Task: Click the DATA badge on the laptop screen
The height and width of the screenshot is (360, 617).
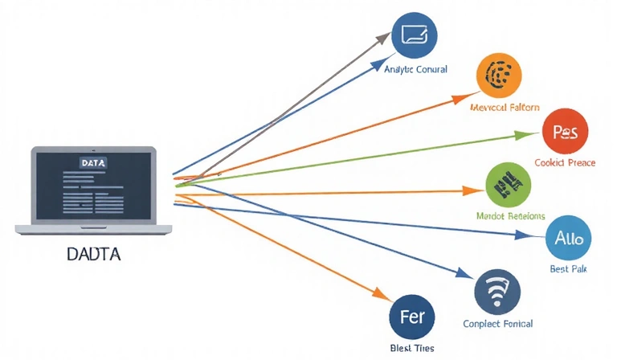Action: click(93, 162)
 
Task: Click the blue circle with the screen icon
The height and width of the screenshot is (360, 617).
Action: click(414, 35)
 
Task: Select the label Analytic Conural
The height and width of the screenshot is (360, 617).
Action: click(415, 70)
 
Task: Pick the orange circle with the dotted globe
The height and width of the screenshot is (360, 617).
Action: click(499, 76)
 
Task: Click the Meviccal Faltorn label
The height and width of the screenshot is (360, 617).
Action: click(505, 107)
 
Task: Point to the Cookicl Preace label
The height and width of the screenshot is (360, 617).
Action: click(565, 162)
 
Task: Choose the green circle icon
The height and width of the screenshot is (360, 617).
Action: click(509, 185)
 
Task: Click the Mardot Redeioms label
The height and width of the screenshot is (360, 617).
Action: click(511, 216)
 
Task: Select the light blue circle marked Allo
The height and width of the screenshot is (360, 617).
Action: click(568, 238)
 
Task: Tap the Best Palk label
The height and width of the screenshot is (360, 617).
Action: click(568, 269)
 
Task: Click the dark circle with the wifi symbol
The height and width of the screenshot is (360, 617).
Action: click(497, 292)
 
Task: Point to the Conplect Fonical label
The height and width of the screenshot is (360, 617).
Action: click(497, 324)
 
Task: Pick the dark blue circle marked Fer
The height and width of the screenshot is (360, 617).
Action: click(412, 314)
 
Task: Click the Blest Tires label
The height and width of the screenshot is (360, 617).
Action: click(412, 347)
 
